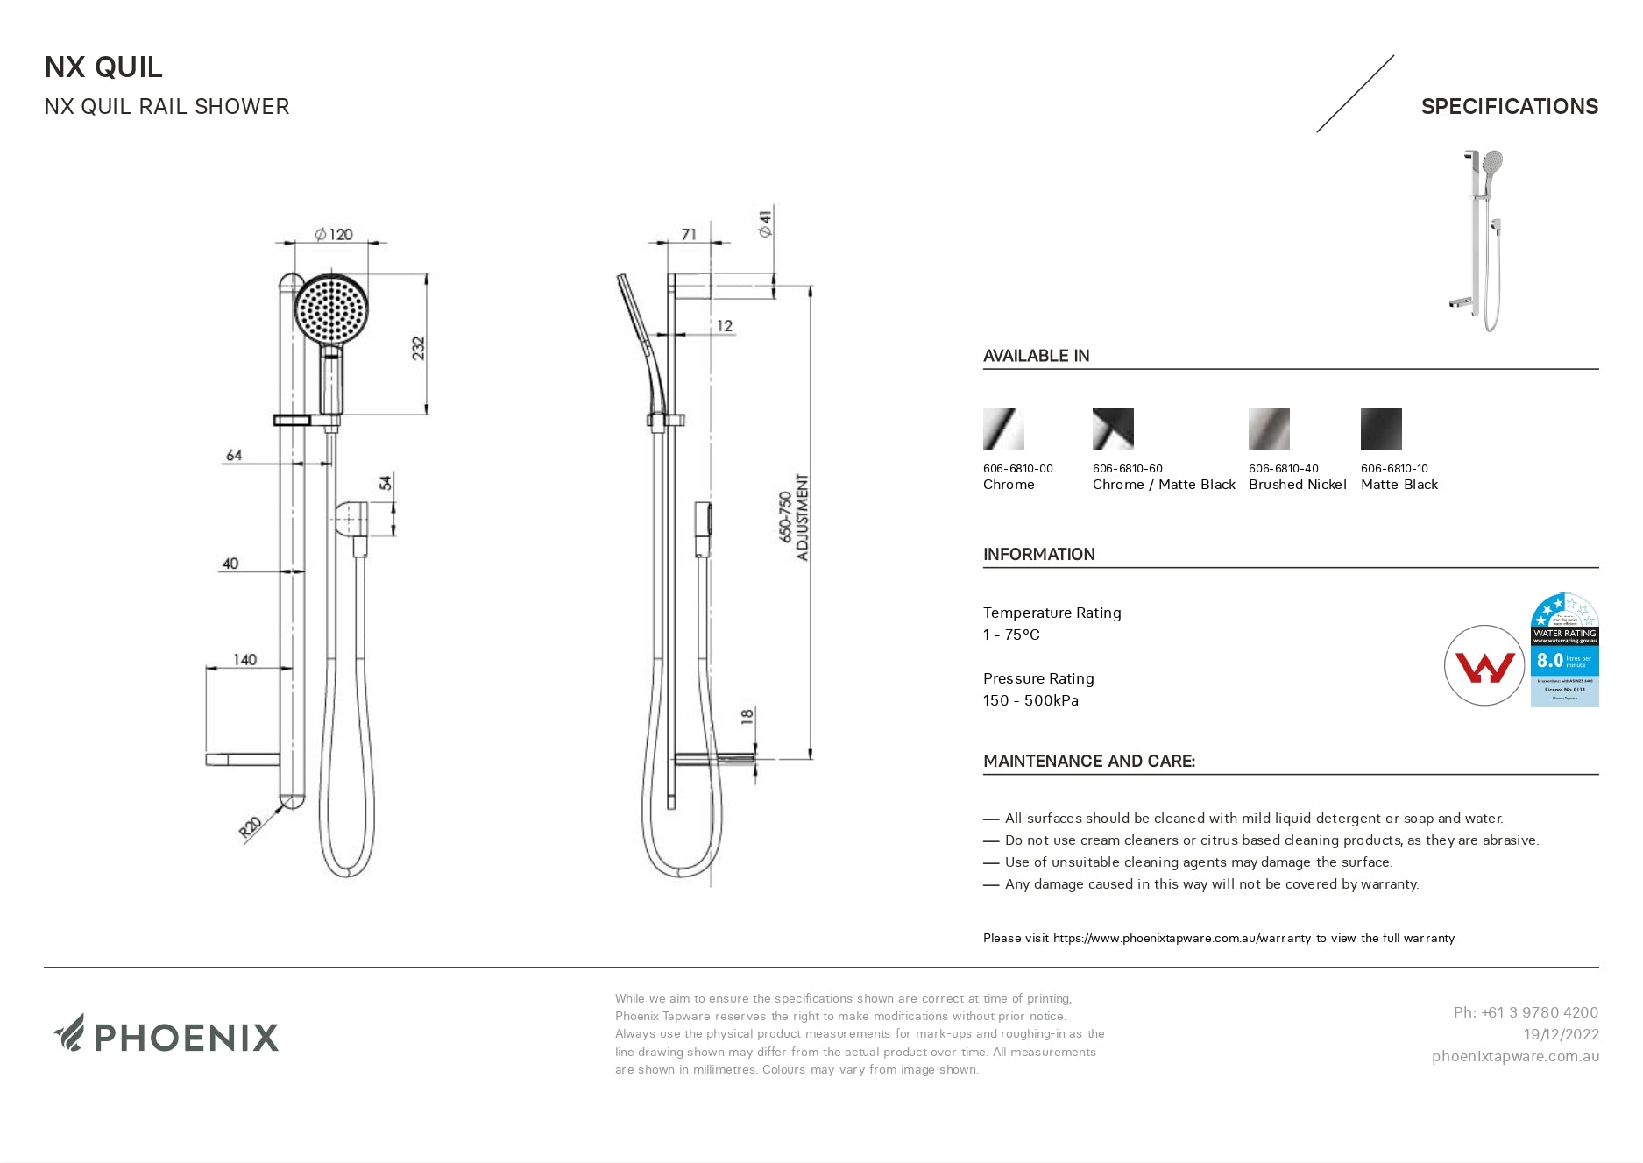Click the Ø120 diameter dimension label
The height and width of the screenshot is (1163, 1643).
click(334, 234)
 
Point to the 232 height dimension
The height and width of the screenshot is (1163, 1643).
click(418, 348)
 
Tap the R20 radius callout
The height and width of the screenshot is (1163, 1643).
click(251, 827)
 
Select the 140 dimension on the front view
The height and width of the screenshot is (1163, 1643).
click(244, 659)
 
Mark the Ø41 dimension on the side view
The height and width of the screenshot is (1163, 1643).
click(765, 223)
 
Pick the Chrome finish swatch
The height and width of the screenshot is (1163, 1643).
click(1003, 429)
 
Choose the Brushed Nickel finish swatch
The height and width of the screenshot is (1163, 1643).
click(1269, 429)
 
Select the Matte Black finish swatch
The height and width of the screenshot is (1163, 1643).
click(1381, 429)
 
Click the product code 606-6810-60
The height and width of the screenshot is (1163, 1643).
click(1128, 468)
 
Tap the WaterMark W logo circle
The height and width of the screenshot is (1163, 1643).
click(1484, 666)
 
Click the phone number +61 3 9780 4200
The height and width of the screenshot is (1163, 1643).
click(1526, 1012)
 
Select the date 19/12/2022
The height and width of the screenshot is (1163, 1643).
click(1561, 1034)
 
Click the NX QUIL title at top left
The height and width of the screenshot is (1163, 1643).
click(103, 67)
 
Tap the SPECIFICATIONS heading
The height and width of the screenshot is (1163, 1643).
click(1509, 107)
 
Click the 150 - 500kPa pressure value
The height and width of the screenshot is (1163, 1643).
click(1030, 700)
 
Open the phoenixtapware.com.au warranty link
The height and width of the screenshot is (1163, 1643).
click(1182, 938)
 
